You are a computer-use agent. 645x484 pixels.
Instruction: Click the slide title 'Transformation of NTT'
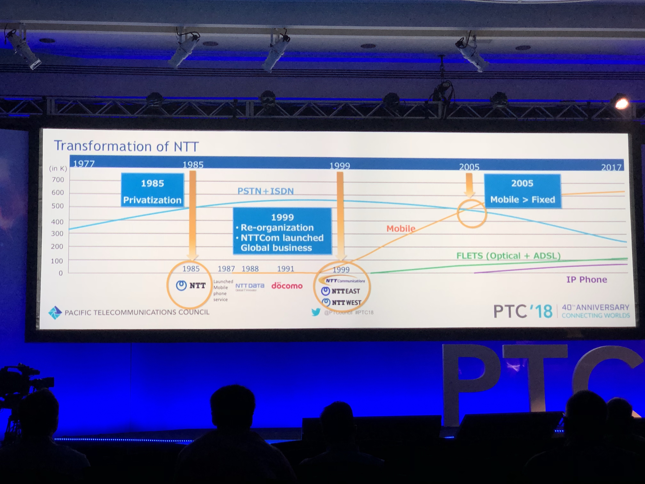[126, 146]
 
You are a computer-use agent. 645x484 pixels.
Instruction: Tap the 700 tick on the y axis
[58, 180]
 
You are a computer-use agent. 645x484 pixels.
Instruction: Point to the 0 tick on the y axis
[61, 273]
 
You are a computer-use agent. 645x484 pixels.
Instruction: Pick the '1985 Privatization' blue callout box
[152, 190]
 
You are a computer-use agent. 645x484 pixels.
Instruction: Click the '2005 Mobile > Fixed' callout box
[522, 191]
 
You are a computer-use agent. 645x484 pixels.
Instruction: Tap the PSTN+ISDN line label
[265, 191]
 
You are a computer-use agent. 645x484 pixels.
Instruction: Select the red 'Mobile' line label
[401, 228]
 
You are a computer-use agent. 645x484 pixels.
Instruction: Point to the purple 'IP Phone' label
[586, 279]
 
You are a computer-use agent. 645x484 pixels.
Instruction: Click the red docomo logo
[287, 286]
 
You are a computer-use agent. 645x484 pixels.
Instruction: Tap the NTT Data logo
[250, 286]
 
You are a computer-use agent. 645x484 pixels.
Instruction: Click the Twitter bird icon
[315, 312]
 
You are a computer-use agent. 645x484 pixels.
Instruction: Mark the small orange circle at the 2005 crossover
[471, 213]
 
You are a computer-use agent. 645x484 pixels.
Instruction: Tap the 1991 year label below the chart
[286, 268]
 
